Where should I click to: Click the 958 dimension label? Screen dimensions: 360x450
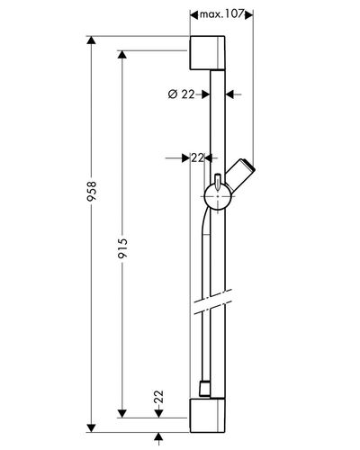coord(92,191)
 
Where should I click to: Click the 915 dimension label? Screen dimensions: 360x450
coord(122,248)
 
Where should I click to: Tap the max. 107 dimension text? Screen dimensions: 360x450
coord(221,14)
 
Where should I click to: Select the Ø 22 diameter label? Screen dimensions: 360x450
coord(181,94)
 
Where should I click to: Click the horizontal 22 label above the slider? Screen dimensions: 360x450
coord(197,157)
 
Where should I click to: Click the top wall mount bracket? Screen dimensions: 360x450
coord(207,53)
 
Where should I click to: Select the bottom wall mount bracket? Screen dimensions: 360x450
coord(207,416)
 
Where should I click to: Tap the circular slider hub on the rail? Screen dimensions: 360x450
coord(218,196)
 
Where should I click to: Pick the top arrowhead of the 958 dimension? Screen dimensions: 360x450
coord(91,40)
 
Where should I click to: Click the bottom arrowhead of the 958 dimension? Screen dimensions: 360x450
coord(91,428)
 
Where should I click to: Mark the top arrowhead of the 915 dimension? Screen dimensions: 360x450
coord(122,55)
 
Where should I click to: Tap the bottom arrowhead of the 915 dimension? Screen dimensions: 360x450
coord(122,413)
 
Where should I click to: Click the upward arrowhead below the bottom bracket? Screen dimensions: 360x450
coord(158,436)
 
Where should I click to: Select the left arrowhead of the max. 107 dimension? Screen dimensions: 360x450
coord(194,14)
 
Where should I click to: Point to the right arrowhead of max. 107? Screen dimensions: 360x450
coord(249,14)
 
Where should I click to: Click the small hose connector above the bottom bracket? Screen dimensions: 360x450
coord(204,390)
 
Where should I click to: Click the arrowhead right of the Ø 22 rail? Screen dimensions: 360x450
coord(229,94)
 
